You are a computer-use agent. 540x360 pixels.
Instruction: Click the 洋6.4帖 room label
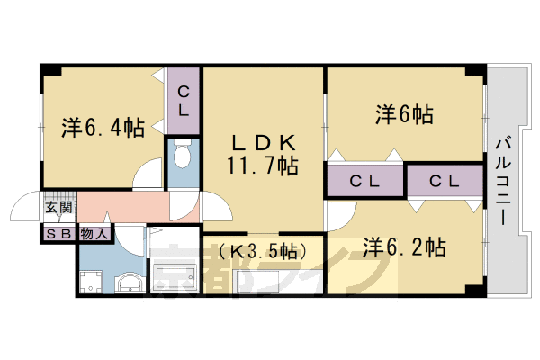click(x=103, y=128)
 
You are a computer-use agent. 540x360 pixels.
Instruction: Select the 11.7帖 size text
click(x=263, y=166)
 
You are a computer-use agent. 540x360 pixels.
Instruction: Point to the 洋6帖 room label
click(x=404, y=114)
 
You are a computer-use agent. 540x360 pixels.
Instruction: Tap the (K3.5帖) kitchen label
click(x=263, y=250)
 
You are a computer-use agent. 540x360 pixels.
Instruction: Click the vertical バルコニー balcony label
click(x=505, y=180)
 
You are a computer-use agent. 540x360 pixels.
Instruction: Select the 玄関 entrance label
click(x=58, y=212)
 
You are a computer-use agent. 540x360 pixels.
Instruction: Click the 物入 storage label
click(x=94, y=234)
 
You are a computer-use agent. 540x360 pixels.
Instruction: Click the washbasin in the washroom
click(x=130, y=284)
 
